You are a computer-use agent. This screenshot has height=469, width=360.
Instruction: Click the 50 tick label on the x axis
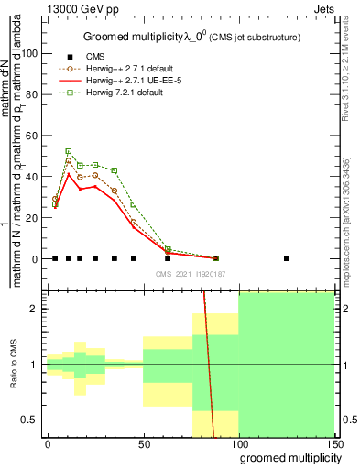point(144,443)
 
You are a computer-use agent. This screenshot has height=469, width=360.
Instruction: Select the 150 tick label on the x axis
point(334,443)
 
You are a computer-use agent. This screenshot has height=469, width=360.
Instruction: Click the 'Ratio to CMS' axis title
point(13,365)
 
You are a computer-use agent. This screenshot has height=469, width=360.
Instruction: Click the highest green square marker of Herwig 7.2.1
point(68,151)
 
